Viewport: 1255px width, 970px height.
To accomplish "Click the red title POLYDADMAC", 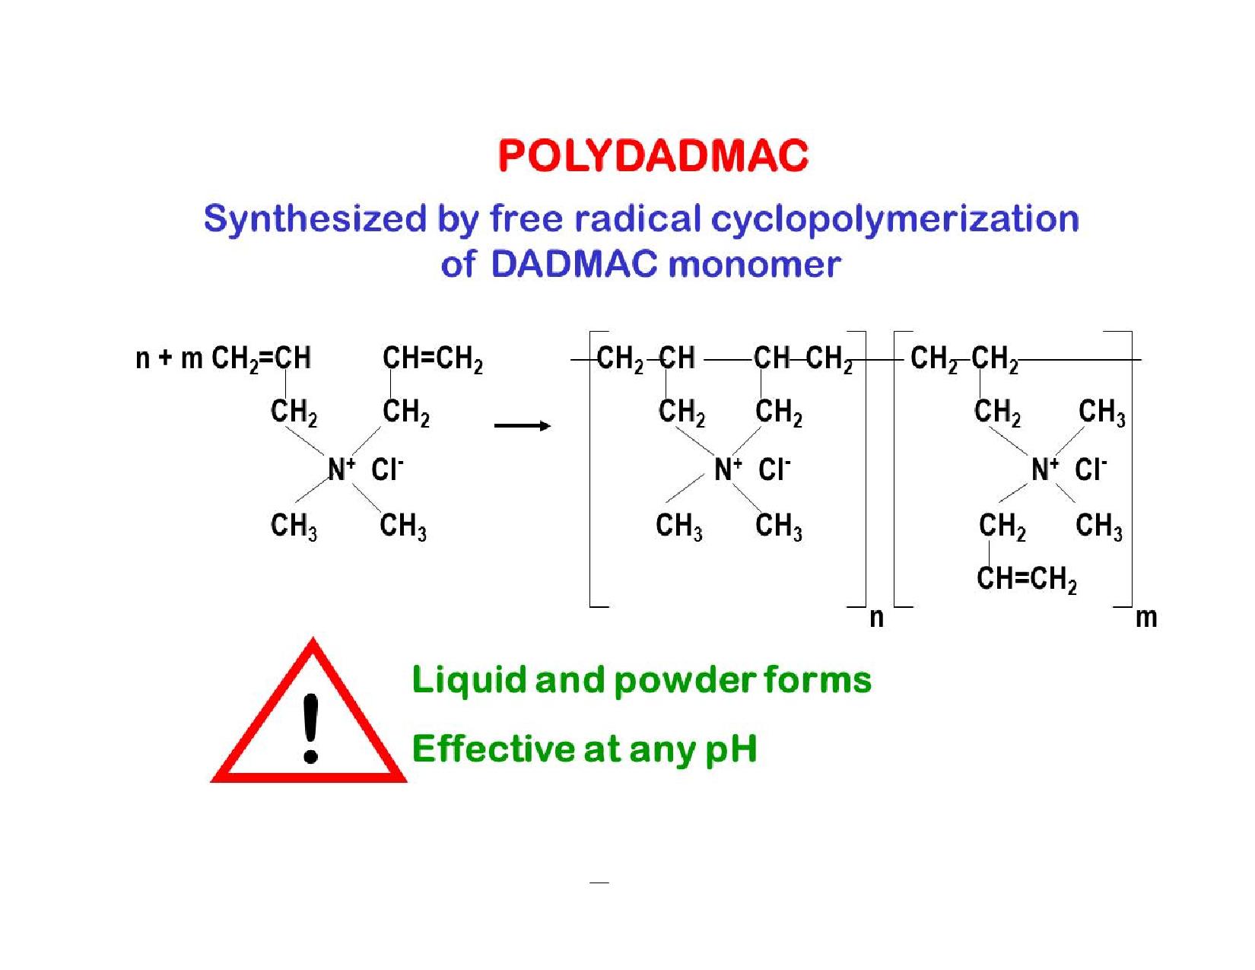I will tap(653, 156).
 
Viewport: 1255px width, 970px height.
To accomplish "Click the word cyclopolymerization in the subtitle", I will tap(895, 219).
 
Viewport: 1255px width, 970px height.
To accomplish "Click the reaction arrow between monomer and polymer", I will tap(522, 425).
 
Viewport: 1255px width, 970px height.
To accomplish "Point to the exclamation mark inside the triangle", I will tap(310, 728).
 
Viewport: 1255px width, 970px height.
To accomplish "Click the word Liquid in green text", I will tap(469, 679).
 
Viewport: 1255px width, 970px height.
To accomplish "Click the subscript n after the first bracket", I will tap(876, 617).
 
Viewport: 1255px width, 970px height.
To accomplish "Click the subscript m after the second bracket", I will tap(1145, 617).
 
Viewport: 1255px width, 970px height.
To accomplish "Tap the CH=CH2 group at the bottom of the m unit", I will tap(1026, 580).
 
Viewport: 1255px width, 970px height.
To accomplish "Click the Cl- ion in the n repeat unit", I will tap(774, 469).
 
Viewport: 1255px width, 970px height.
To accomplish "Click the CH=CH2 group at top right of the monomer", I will tap(432, 358).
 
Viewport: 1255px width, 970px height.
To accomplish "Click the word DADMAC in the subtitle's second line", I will tap(573, 265).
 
